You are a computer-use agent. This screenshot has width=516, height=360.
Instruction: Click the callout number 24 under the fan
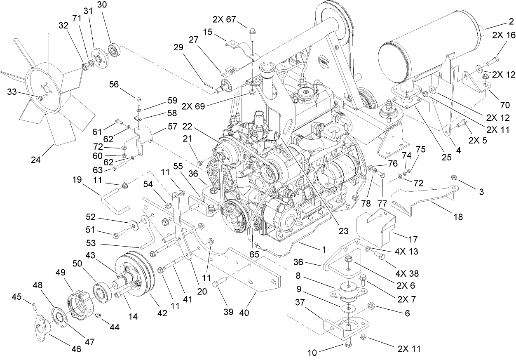coord(36,160)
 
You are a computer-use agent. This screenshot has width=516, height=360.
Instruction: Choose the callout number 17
coord(413,239)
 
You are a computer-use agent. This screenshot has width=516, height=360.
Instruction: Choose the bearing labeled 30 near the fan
coord(113,49)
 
